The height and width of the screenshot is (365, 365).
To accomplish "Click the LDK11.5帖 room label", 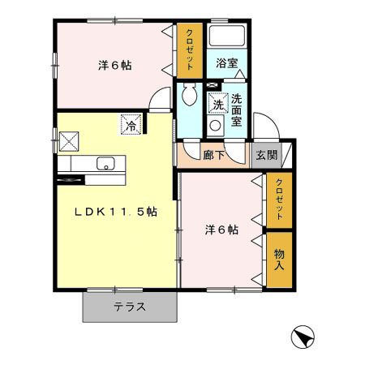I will (x=116, y=212).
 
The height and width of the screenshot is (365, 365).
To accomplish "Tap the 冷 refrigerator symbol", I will (x=131, y=126).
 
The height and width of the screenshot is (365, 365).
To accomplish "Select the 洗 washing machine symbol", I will (x=217, y=104).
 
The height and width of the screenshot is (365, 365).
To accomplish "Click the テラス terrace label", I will (x=129, y=307).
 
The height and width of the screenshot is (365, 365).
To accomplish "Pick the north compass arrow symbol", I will (x=300, y=336).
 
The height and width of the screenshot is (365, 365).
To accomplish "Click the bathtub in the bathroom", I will (x=226, y=37).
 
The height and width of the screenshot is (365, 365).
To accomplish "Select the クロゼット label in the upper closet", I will (x=189, y=47).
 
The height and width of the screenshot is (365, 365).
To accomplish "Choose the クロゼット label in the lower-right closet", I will (x=280, y=199).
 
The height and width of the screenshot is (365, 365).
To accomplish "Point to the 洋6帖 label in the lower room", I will (x=221, y=230).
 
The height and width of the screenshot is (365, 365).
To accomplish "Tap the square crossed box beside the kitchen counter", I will (x=68, y=140).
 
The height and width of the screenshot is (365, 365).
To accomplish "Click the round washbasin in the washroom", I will (x=216, y=126).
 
